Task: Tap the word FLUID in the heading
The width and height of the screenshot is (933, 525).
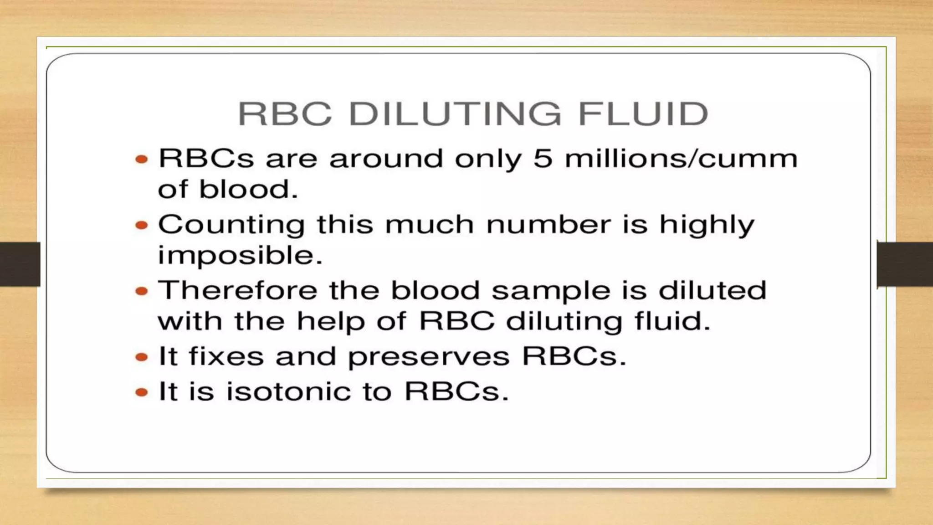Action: click(x=643, y=113)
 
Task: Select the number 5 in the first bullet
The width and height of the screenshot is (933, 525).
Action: click(x=543, y=159)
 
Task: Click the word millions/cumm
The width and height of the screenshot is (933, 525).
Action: click(x=681, y=159)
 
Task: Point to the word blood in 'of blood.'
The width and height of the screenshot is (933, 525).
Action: click(x=248, y=189)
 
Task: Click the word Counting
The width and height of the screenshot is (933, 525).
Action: click(x=231, y=225)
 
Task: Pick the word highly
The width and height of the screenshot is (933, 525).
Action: click(x=707, y=225)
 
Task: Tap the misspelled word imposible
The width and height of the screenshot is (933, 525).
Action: click(x=240, y=255)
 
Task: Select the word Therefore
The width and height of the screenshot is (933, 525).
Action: click(x=237, y=290)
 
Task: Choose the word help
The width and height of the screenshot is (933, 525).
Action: click(x=331, y=322)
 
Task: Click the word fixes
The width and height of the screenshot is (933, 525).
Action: click(x=226, y=356)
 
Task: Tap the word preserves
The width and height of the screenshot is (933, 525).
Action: click(x=429, y=357)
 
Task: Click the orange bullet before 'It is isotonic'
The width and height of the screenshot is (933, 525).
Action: click(x=142, y=392)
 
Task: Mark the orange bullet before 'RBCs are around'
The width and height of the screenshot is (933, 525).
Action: click(x=142, y=159)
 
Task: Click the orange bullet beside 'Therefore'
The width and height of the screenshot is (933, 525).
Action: click(x=142, y=291)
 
